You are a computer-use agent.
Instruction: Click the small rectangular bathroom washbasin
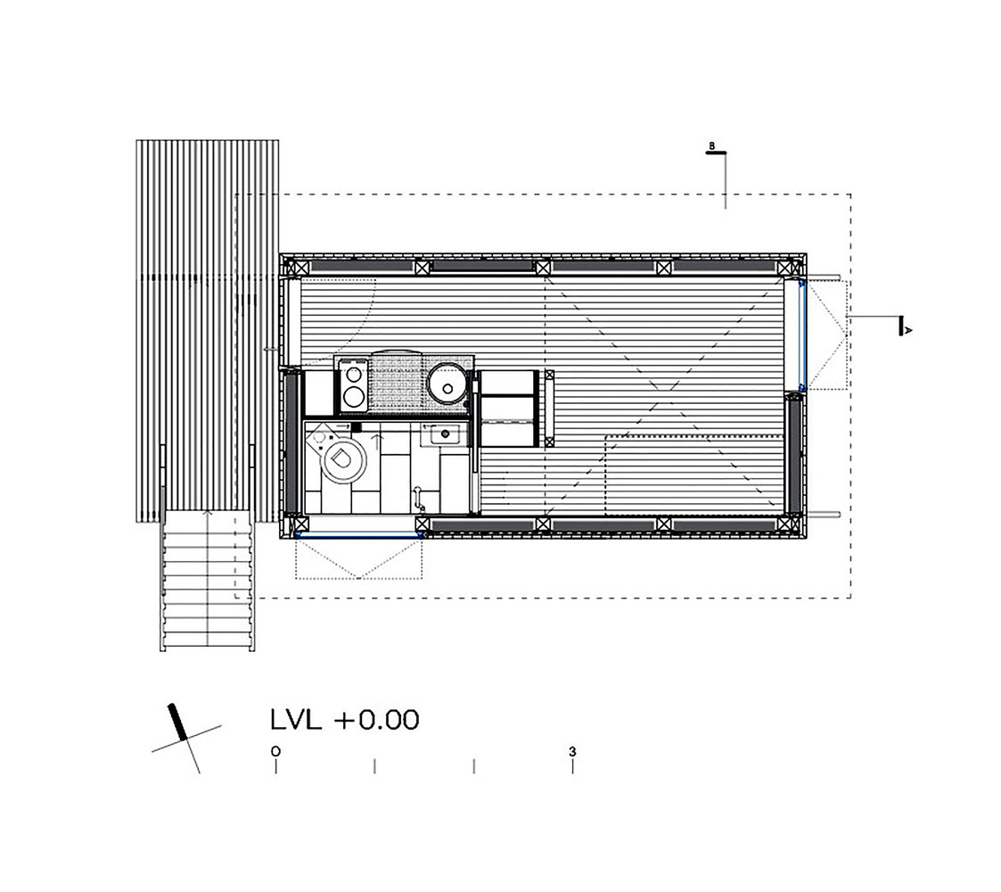click(x=443, y=436)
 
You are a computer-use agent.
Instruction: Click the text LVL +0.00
click(x=343, y=719)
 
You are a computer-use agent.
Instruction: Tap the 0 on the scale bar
click(x=276, y=751)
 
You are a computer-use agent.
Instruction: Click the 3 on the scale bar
click(x=572, y=751)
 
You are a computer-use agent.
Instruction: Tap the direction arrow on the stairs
click(x=208, y=515)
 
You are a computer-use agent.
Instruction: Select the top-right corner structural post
click(x=784, y=267)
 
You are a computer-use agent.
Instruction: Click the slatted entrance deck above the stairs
click(x=207, y=330)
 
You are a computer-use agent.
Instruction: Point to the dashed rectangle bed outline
click(x=695, y=473)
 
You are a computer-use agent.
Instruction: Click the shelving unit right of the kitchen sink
click(x=507, y=409)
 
